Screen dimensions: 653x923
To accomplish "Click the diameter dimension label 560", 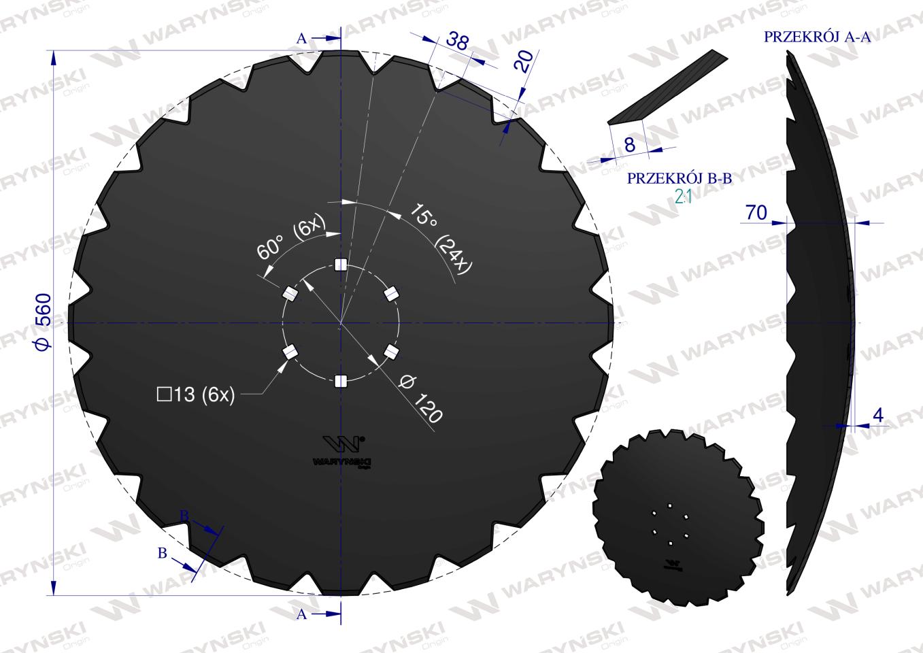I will click(42, 322).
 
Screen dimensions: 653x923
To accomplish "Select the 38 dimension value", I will click(457, 41).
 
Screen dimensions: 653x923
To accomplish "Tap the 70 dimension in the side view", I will click(756, 213).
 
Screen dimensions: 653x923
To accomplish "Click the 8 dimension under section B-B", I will click(629, 144).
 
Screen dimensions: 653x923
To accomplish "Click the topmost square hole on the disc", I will click(341, 264).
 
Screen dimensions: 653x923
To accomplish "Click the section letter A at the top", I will click(302, 39).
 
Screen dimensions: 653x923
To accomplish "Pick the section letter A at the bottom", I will click(302, 614).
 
